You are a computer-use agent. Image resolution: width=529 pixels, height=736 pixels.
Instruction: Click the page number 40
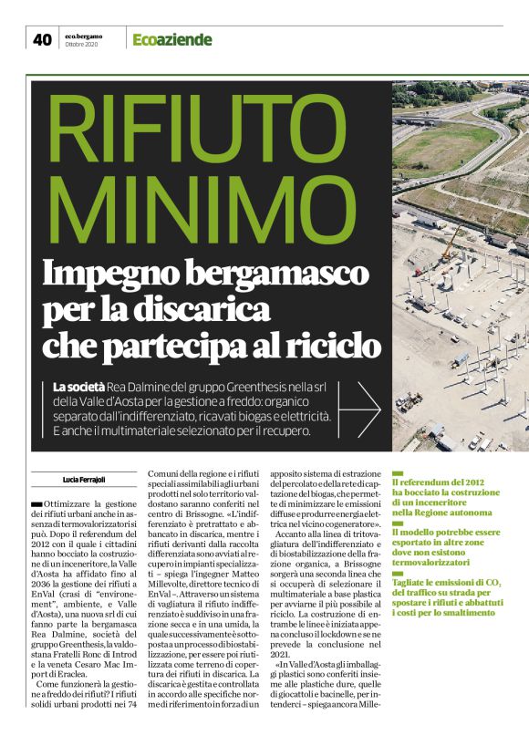(x=42, y=39)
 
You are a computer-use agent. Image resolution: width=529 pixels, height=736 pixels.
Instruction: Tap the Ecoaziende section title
(x=171, y=39)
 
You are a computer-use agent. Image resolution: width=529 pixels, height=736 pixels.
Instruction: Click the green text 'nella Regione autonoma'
(x=444, y=513)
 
